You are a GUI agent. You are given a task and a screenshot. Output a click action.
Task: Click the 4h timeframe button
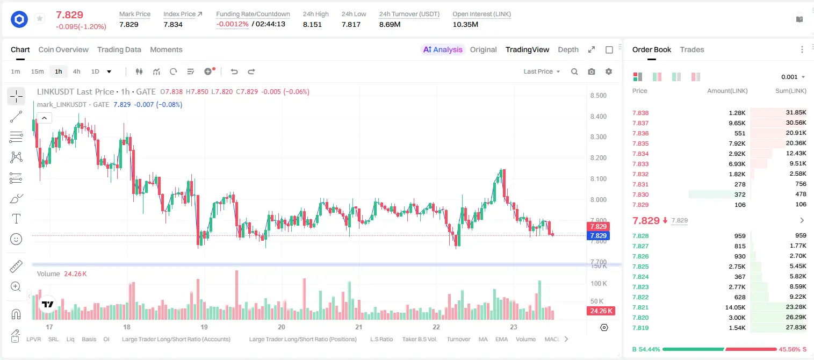click(x=76, y=71)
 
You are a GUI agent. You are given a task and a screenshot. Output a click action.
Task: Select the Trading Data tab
click(x=119, y=49)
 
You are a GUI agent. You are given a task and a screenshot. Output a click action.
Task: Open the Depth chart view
click(x=568, y=49)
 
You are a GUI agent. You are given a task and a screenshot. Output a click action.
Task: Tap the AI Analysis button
click(x=443, y=49)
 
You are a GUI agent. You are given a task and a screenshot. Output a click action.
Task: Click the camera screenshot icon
click(x=592, y=71)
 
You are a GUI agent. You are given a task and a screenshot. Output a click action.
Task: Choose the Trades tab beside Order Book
click(x=692, y=49)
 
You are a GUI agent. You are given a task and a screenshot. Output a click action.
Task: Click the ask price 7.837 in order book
click(x=640, y=123)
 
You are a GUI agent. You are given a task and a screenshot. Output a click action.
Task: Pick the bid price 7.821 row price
click(x=640, y=307)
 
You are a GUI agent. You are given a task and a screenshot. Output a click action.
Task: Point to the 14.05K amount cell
click(x=735, y=307)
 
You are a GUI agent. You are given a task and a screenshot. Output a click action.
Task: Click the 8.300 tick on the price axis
click(x=598, y=137)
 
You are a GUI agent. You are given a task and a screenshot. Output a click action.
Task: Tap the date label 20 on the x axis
click(x=281, y=327)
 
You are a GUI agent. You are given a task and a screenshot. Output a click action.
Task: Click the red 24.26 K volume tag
click(x=601, y=311)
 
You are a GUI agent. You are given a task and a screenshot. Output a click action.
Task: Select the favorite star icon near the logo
click(x=40, y=18)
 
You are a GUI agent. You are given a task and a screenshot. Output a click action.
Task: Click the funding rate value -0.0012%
click(x=232, y=24)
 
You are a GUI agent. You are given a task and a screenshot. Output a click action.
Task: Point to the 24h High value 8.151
click(x=312, y=24)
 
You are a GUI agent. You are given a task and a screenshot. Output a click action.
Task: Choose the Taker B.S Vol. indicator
click(x=419, y=339)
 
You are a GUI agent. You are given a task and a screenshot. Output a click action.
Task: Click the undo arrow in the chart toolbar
click(x=234, y=71)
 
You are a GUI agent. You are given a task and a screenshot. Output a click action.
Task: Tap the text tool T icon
click(x=16, y=219)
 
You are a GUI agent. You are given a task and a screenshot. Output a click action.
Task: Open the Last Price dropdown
click(x=542, y=71)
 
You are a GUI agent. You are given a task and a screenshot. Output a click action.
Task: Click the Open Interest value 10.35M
click(x=465, y=24)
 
